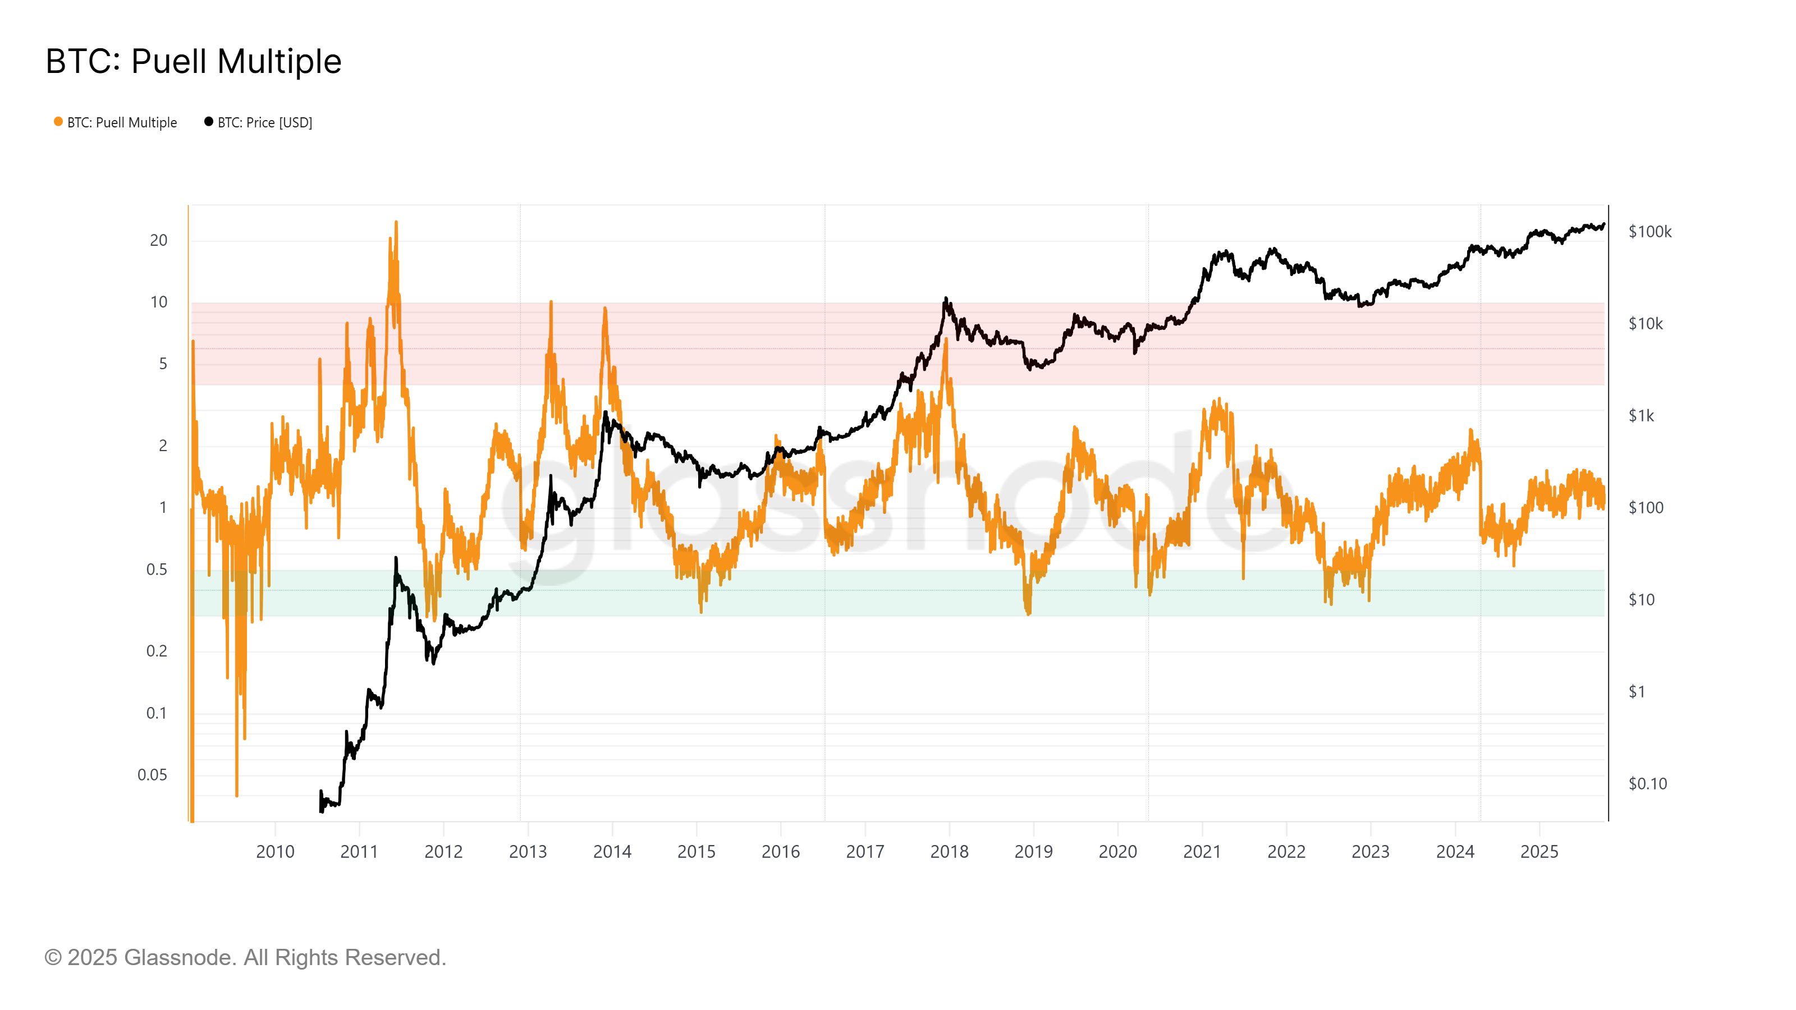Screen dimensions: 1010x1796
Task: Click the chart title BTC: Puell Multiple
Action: click(193, 61)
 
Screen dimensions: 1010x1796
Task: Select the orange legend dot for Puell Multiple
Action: click(58, 122)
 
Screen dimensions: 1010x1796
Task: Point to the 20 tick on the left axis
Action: click(158, 241)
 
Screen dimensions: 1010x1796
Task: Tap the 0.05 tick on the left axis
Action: click(152, 775)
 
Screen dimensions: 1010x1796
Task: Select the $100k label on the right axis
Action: click(1650, 231)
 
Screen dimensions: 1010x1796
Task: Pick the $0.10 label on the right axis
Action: click(1647, 783)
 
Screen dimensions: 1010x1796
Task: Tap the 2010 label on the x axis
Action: click(276, 852)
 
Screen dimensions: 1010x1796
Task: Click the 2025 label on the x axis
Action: click(1540, 852)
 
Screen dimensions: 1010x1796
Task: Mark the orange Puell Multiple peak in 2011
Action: click(396, 223)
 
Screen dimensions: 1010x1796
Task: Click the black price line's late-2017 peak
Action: click(945, 299)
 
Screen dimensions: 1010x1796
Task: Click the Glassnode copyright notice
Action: click(245, 958)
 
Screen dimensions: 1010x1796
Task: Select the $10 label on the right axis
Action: click(1641, 599)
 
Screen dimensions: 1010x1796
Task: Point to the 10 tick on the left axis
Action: click(158, 302)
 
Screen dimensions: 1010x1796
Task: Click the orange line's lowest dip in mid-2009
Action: click(237, 795)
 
